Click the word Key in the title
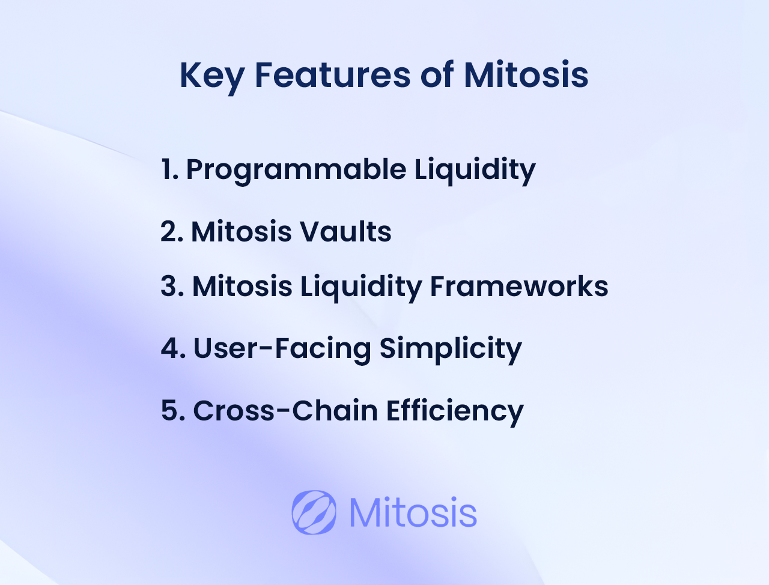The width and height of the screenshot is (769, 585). pos(212,77)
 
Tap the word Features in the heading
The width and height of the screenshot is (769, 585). pos(332,75)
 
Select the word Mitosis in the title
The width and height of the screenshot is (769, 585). pos(526,75)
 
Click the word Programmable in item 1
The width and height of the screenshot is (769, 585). pos(296,171)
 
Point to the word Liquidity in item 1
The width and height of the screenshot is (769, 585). pos(475,171)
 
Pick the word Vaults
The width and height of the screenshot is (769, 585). pos(346,231)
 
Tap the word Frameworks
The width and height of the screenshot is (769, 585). pos(519,286)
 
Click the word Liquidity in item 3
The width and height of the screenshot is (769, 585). pos(361,288)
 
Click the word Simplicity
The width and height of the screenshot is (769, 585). pos(451,350)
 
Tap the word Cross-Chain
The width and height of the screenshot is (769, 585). pos(285,410)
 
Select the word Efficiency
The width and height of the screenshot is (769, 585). pos(455,412)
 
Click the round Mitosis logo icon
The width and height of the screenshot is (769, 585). pos(314,512)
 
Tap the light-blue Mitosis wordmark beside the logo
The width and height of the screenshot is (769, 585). pos(413,512)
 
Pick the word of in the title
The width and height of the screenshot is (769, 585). pos(437,74)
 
